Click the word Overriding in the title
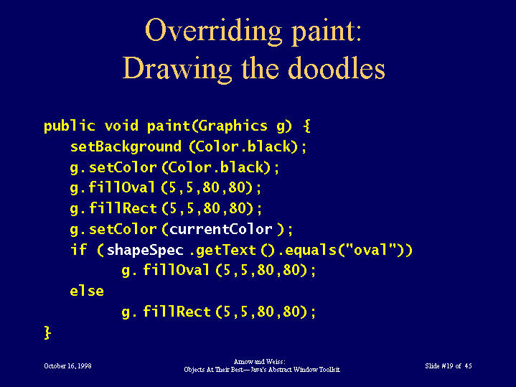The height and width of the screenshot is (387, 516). coord(214,31)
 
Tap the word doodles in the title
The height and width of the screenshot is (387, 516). coord(337,68)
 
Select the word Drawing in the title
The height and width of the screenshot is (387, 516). coord(177,70)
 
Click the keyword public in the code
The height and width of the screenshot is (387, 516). coord(70,126)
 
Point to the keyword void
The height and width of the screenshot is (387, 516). coord(121,126)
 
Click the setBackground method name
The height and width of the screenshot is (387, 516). coord(126,146)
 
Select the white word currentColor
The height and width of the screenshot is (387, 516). coord(221,229)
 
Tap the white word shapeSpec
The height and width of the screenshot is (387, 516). coord(145,250)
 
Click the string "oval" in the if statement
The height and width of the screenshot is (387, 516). coord(370,249)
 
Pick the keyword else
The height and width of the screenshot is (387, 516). coord(87,291)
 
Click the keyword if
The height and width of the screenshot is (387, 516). coord(79,249)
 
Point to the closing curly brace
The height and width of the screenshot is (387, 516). coord(47,332)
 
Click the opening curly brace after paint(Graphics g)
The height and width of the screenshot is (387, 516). coord(306,126)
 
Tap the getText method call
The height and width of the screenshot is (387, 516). coord(235,250)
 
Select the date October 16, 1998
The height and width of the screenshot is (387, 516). coord(67,366)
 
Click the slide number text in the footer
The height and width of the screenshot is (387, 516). coord(449,366)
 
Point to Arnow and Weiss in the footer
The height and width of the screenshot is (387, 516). coord(259,362)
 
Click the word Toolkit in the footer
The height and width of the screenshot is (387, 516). coord(329,370)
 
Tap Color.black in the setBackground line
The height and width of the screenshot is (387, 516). coord(243,146)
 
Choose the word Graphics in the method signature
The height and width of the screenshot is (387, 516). coord(233,126)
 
